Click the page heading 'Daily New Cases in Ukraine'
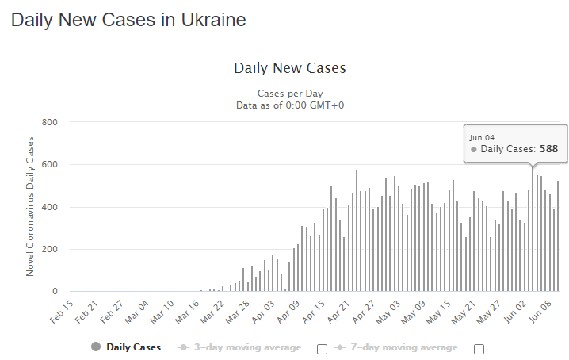click(x=128, y=21)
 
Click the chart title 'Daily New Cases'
click(x=289, y=68)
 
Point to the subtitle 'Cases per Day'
click(x=289, y=93)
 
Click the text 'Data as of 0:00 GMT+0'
click(x=289, y=105)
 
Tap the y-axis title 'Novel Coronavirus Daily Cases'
click(x=31, y=206)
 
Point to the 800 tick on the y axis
click(x=50, y=122)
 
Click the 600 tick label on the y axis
click(x=50, y=165)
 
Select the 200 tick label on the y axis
click(x=50, y=250)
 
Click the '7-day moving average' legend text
click(x=404, y=347)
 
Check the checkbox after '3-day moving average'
click(x=322, y=349)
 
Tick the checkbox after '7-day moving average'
click(x=479, y=349)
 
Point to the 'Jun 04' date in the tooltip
click(x=481, y=137)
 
